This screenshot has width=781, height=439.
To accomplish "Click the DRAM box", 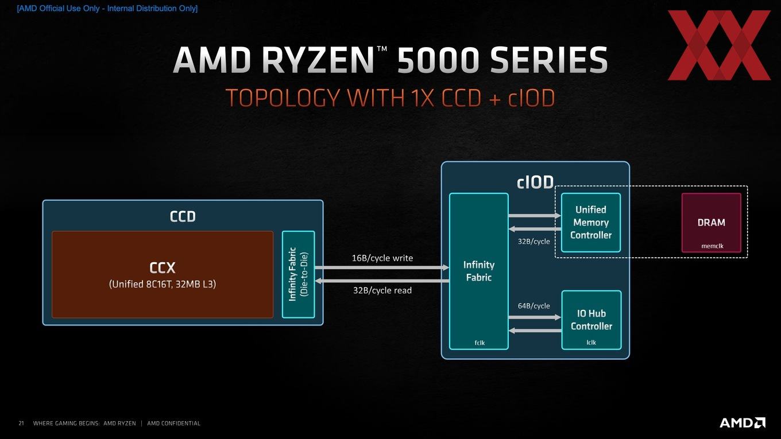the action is (x=712, y=223).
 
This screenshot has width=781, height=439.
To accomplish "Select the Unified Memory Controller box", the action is (x=591, y=222).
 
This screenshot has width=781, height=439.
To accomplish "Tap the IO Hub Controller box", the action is (x=591, y=320).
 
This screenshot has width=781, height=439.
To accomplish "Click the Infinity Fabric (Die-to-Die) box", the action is (x=298, y=274).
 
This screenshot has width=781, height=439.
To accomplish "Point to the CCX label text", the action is (x=162, y=268).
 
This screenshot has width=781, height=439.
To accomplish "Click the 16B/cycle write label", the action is (x=382, y=258).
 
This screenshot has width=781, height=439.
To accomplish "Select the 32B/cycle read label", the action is (x=382, y=290).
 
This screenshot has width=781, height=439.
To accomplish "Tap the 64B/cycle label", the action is (x=534, y=306).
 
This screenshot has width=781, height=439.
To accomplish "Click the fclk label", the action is (x=480, y=343).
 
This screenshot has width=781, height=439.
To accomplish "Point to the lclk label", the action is (x=591, y=343).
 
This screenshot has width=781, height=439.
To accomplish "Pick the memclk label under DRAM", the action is (x=712, y=246).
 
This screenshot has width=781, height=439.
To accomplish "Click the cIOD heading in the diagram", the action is (x=535, y=182).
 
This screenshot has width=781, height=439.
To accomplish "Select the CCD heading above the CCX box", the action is (x=183, y=216).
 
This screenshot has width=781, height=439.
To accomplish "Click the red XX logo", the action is (x=719, y=45).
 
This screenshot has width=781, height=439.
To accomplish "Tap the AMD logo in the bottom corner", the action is (x=743, y=422).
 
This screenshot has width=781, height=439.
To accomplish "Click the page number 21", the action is (x=21, y=424).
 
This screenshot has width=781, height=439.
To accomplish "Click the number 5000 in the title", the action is (x=437, y=60).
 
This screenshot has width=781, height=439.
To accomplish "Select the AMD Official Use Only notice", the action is (x=107, y=9).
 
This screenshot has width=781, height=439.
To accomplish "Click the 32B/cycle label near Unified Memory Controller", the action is (x=534, y=242).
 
